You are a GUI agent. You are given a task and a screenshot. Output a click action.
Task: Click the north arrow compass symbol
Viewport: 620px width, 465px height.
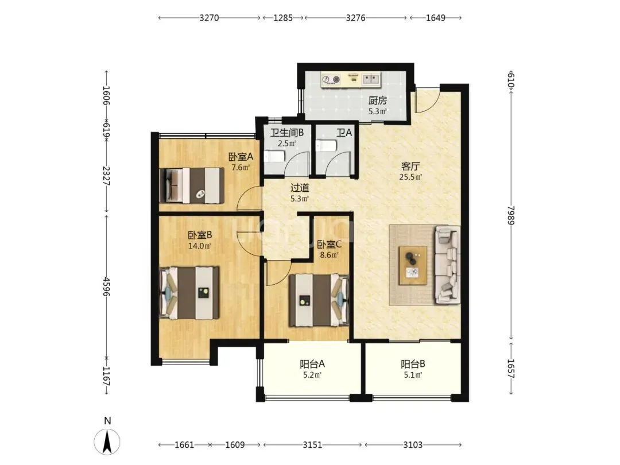click(x=107, y=441)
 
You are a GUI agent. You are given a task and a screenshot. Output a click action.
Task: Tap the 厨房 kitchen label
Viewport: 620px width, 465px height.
click(x=378, y=100)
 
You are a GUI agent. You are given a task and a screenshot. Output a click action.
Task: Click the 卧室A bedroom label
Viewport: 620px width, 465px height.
click(x=241, y=157)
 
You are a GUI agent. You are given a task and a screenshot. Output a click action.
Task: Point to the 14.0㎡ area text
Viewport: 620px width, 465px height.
click(x=200, y=246)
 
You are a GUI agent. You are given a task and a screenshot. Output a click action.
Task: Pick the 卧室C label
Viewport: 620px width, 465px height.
click(x=330, y=245)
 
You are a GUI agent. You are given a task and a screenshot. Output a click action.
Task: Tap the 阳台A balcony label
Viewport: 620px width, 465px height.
click(x=312, y=364)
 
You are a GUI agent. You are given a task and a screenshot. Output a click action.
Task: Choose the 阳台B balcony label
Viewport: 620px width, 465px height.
click(x=413, y=364)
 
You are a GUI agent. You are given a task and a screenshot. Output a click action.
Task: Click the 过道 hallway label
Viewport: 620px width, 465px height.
click(x=300, y=188)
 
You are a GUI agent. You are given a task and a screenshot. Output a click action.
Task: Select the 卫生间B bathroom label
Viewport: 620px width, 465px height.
click(x=287, y=132)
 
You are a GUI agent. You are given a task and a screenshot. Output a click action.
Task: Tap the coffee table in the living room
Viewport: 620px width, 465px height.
click(x=413, y=265)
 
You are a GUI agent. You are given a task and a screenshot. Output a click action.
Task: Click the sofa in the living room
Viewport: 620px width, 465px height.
click(x=448, y=265)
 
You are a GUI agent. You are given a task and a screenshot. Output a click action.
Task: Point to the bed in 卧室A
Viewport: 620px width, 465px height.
click(x=192, y=185)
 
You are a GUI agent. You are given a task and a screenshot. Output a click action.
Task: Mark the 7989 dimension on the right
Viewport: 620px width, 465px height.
click(x=511, y=215)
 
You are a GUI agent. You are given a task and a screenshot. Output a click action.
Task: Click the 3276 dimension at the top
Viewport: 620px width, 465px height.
click(x=355, y=18)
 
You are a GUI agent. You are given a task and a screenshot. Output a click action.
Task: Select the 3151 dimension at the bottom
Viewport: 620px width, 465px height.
click(x=312, y=445)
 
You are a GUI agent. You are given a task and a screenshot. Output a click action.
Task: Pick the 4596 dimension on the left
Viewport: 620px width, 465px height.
click(x=106, y=286)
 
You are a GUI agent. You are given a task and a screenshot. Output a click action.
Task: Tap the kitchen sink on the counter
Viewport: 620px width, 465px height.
click(x=371, y=79)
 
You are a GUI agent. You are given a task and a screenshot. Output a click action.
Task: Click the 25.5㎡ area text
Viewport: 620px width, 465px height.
click(x=410, y=177)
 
